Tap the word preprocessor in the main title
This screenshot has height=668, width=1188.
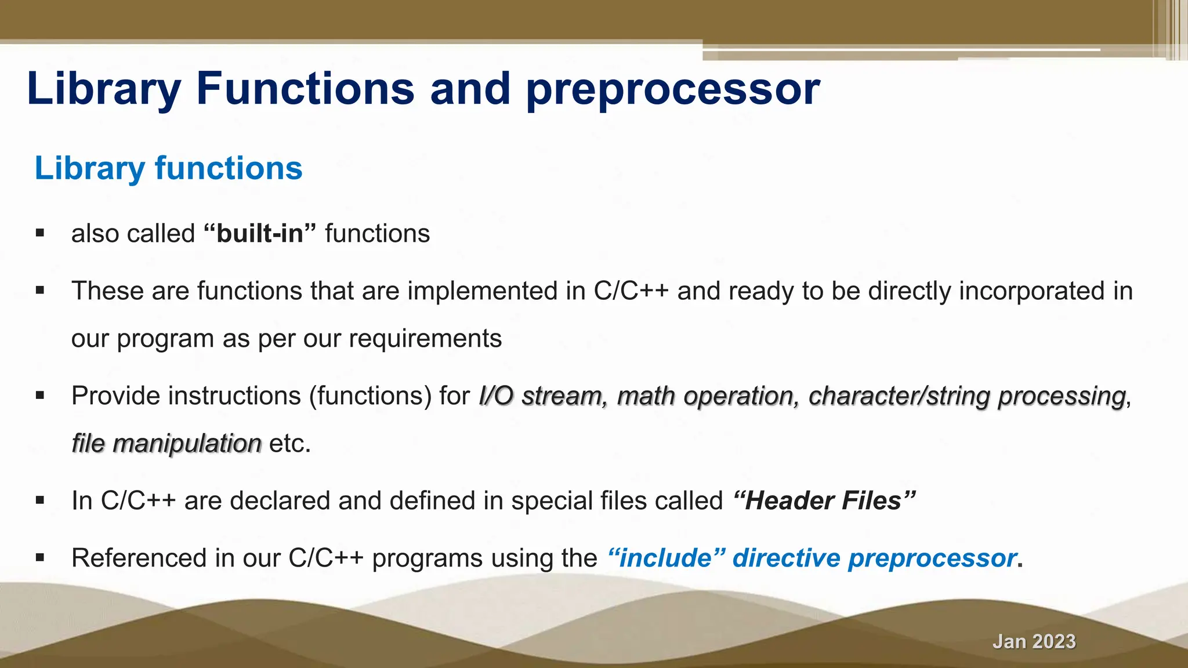[x=673, y=90]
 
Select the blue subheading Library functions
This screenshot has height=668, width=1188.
[x=168, y=168]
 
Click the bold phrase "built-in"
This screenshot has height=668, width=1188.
[x=260, y=234]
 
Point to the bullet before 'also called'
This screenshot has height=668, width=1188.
[x=39, y=234]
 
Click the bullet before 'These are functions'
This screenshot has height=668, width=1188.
[x=39, y=291]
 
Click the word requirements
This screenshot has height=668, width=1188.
[x=425, y=339]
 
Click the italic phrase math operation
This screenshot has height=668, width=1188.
[x=705, y=396]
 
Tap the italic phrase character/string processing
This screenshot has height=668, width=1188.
[x=967, y=396]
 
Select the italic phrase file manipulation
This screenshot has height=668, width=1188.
[x=166, y=444]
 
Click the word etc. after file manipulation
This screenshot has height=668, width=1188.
[x=290, y=444]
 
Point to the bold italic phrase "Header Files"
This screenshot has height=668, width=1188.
[x=824, y=500]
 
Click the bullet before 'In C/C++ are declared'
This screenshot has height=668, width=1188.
[x=39, y=500]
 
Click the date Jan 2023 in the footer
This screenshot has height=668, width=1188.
[x=1034, y=641]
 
